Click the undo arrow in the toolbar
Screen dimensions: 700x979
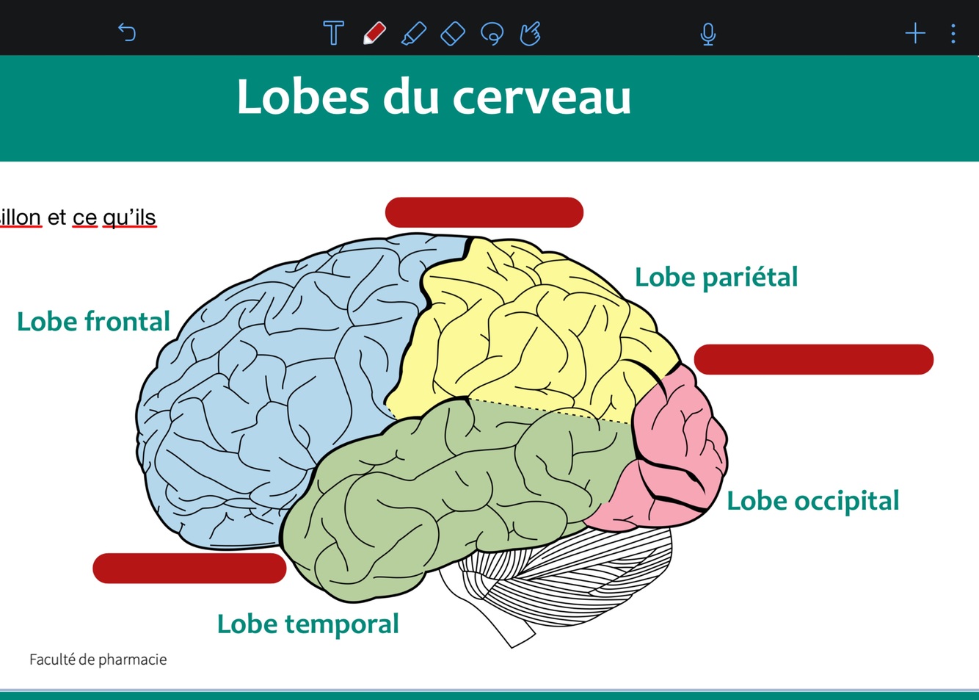127,33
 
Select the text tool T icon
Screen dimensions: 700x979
333,33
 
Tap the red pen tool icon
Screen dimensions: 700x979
374,33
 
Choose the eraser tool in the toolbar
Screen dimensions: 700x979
453,33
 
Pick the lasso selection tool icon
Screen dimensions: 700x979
492,34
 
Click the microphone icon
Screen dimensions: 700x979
707,34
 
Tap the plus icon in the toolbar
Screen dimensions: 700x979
915,33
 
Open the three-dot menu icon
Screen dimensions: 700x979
953,34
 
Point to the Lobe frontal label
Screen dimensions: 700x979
93,322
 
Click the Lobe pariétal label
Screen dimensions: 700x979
716,277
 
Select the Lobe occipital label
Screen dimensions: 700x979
812,501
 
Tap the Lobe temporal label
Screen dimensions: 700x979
307,624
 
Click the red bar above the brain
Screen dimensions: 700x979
484,212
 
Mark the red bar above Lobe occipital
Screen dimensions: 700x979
813,359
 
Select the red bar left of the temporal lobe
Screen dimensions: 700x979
189,569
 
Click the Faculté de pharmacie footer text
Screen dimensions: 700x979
98,660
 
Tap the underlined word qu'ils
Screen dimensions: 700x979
129,217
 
